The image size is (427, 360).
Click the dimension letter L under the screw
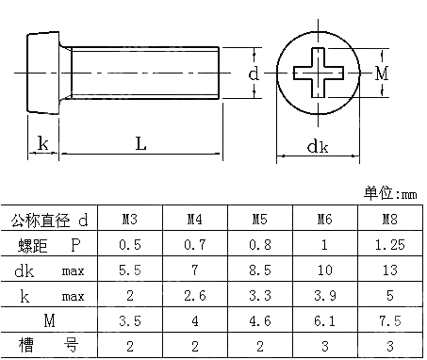tap(140, 144)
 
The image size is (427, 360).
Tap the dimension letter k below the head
tap(42, 144)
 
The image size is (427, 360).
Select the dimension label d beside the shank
tap(254, 73)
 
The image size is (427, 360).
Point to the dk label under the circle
tap(318, 146)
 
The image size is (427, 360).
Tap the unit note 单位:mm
tap(391, 194)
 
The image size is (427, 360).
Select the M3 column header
tap(131, 221)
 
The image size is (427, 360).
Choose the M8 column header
tap(387, 221)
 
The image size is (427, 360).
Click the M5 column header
tap(259, 221)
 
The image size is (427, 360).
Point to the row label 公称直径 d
tap(49, 221)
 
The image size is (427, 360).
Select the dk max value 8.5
tap(259, 270)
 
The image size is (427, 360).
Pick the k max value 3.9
tap(323, 296)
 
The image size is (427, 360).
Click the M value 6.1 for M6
tap(323, 321)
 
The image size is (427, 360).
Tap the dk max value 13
tap(387, 270)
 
